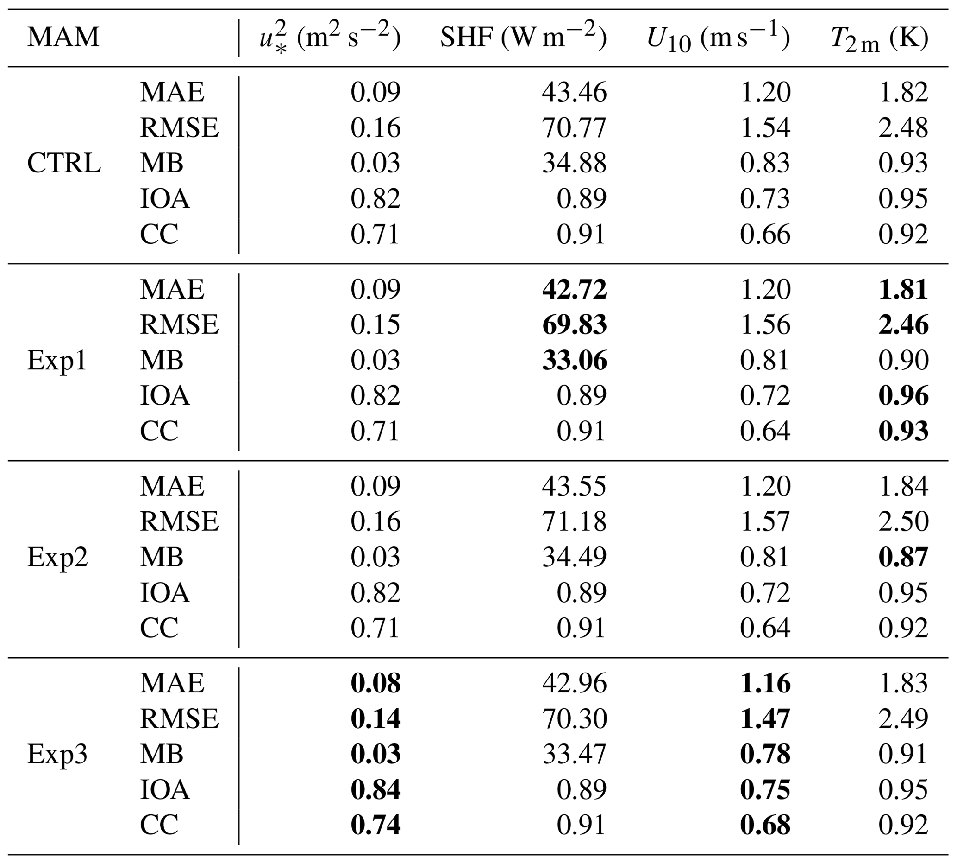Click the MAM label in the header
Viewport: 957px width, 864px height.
[63, 37]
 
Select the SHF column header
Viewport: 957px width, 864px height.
[523, 37]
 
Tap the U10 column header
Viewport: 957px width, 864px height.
[718, 38]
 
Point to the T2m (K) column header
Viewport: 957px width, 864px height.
[880, 38]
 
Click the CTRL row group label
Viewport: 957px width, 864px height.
[64, 163]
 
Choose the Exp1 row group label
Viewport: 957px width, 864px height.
[57, 360]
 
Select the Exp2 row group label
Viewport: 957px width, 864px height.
[57, 557]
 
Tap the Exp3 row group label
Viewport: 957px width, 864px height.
[57, 754]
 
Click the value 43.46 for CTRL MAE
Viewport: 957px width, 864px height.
[574, 92]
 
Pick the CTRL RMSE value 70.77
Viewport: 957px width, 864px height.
[574, 128]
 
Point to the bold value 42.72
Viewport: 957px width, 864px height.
[574, 289]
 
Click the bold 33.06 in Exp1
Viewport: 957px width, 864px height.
[574, 360]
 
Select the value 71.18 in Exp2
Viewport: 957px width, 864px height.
[574, 521]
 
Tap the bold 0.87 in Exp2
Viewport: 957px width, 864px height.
[903, 557]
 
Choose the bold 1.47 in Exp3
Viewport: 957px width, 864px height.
[765, 718]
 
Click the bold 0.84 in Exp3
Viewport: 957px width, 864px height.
[375, 789]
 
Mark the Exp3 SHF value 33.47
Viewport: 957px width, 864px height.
[574, 754]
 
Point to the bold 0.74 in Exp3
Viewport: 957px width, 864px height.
[375, 825]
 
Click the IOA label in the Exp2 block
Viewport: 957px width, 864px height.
[164, 592]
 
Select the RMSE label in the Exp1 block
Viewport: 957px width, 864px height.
[179, 325]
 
